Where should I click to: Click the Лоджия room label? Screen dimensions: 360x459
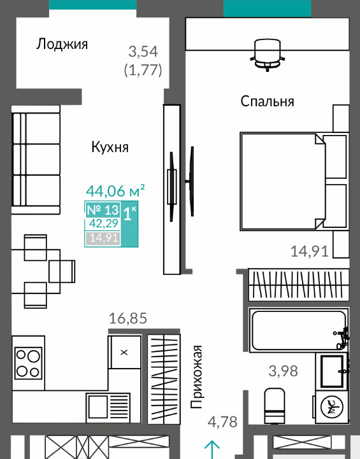(62, 45)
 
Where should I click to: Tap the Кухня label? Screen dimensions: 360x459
(110, 147)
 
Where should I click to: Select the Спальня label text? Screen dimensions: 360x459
(267, 101)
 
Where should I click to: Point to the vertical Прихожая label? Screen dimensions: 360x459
(196, 377)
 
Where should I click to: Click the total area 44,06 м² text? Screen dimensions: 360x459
(115, 190)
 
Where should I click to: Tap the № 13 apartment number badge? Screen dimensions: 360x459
(103, 209)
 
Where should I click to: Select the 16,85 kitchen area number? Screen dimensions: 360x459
(127, 318)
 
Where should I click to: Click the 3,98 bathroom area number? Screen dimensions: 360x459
(283, 371)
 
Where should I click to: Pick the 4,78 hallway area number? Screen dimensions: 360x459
(222, 422)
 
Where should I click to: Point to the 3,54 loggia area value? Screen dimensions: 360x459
(143, 52)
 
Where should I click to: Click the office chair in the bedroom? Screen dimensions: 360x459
(268, 55)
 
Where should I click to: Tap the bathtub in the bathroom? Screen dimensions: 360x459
(298, 330)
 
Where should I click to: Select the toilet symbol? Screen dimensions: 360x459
(275, 406)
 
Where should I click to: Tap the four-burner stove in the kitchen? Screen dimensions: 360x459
(29, 364)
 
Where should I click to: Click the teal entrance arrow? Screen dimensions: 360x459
(212, 450)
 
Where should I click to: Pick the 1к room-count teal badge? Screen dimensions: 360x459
(129, 223)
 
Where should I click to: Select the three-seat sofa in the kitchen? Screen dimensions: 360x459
(36, 160)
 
